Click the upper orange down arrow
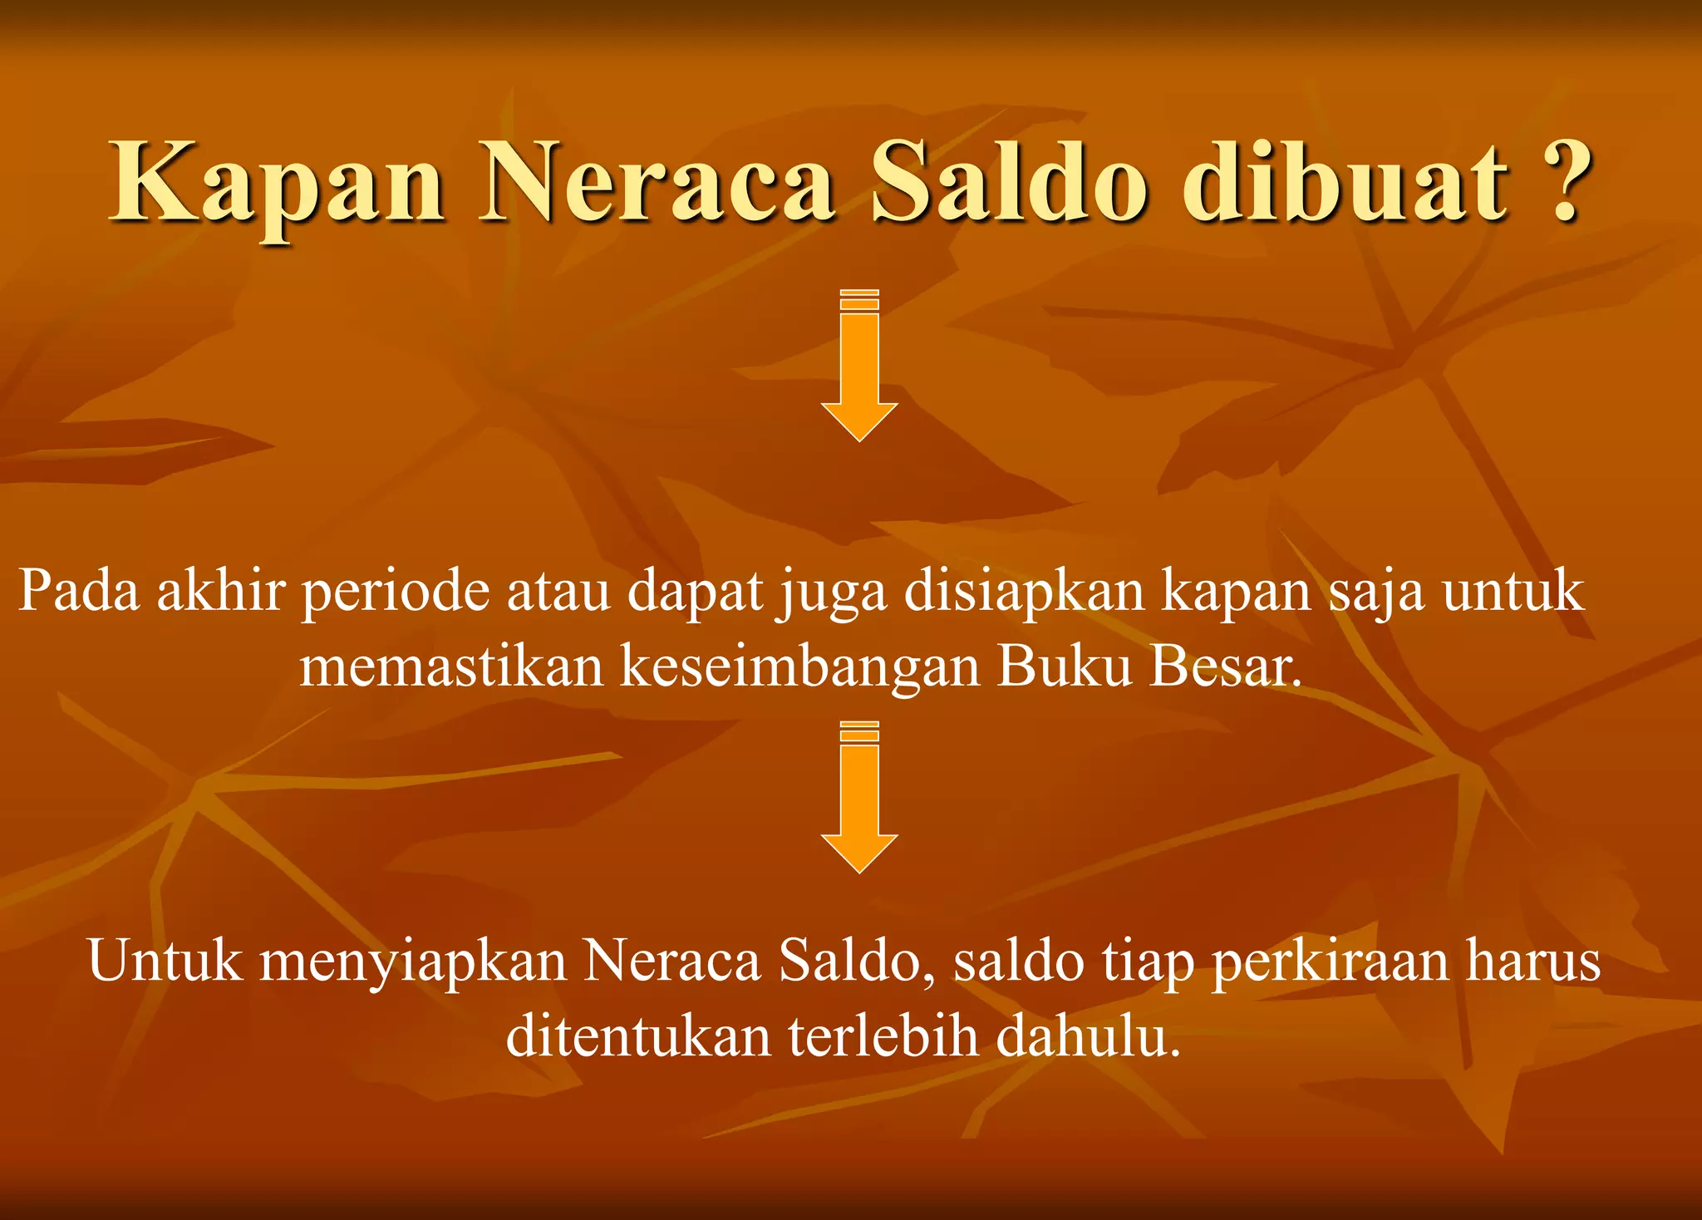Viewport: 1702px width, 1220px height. [x=859, y=366]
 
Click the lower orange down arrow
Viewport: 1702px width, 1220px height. [x=859, y=798]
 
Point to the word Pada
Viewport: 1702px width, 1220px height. [x=79, y=592]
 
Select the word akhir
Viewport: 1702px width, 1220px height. [x=220, y=592]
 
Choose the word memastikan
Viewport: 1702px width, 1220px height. [x=451, y=667]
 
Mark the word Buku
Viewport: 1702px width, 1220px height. [x=1065, y=667]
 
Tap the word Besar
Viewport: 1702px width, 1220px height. [x=1225, y=667]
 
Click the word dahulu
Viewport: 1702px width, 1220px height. [x=1088, y=1037]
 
